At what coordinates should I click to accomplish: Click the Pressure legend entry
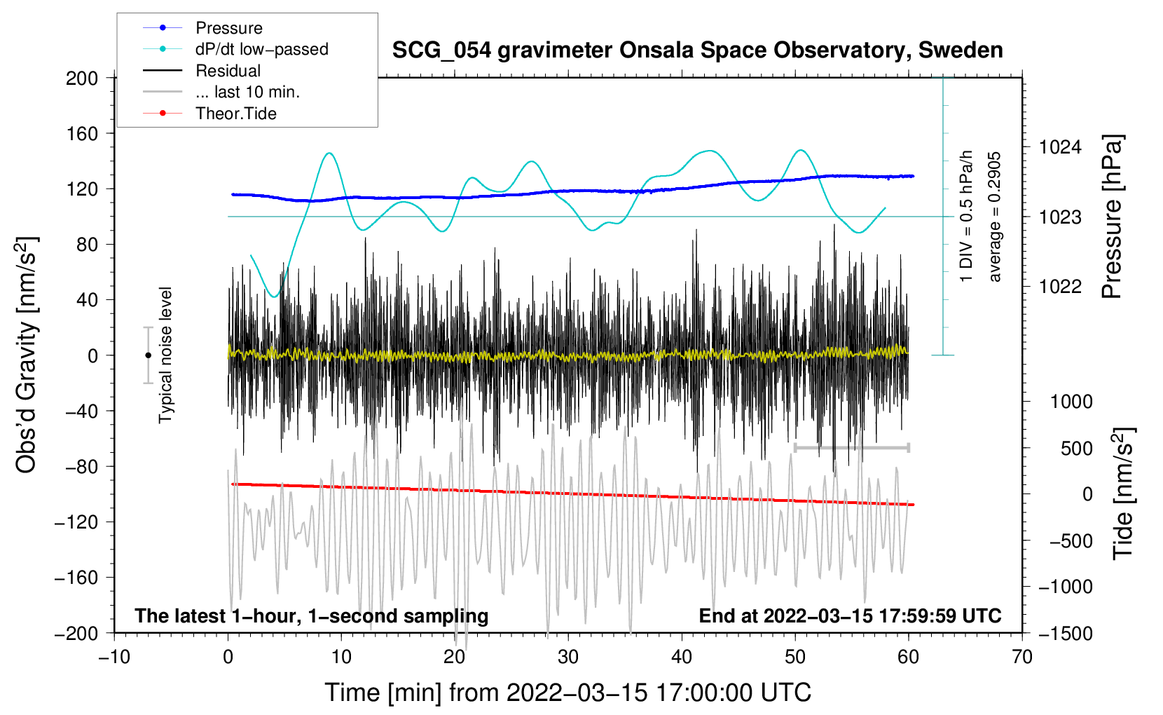tap(228, 28)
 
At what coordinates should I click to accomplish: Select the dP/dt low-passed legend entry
tap(261, 49)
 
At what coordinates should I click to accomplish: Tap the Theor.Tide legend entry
tap(235, 114)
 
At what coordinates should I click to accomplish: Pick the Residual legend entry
tap(228, 71)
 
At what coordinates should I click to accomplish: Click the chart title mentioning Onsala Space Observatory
tap(697, 50)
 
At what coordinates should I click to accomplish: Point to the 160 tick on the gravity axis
tap(82, 133)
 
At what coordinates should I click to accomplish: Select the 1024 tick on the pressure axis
tap(1059, 147)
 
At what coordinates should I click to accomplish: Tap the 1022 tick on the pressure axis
tap(1059, 286)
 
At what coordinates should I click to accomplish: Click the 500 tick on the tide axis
tap(1076, 448)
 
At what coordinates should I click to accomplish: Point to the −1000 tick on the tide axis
tap(1065, 587)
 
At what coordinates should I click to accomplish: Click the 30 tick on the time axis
tap(568, 657)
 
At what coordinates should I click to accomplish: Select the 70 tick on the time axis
tap(1022, 657)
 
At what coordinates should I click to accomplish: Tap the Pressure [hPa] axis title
tap(1112, 217)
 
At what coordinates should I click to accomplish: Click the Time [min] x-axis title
tap(567, 693)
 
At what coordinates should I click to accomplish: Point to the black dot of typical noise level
tap(148, 355)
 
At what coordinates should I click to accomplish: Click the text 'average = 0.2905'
tap(995, 217)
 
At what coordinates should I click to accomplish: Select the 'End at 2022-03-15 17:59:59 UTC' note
tap(850, 615)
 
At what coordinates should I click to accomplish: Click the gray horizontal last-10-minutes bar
tap(851, 447)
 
